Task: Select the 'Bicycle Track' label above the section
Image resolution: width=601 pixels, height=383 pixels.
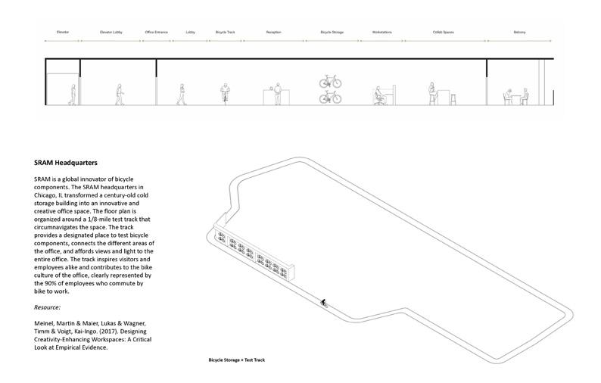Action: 225,33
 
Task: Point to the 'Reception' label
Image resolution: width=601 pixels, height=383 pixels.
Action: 274,33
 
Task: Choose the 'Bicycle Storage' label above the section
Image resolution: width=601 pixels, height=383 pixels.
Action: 332,33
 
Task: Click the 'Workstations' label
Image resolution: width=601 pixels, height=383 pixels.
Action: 381,33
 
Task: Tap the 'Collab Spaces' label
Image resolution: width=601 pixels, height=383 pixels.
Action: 442,33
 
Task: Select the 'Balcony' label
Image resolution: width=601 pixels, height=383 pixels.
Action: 519,33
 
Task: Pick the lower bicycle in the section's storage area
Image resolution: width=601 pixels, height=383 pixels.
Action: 330,97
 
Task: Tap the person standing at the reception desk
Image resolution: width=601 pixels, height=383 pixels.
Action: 277,94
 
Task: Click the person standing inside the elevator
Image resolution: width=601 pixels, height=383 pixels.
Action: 72,95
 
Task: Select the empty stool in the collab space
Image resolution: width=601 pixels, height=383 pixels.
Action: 452,98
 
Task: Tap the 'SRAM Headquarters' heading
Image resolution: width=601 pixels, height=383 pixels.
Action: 66,163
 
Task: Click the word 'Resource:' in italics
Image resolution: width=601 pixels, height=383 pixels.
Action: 49,309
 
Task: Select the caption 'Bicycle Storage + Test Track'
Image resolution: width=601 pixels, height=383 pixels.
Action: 236,360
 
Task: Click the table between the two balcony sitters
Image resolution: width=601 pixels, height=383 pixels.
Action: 516,99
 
